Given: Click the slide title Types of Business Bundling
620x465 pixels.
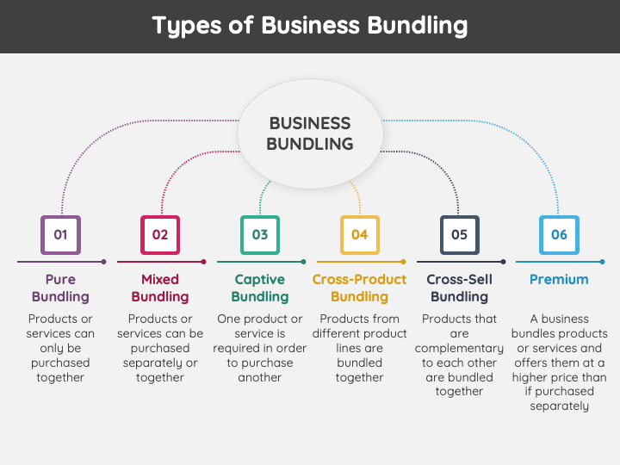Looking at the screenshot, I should point(310,26).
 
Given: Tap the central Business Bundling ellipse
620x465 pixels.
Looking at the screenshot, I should point(310,133).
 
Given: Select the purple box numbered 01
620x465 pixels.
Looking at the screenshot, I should point(60,234).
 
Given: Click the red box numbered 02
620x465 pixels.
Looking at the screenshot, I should point(160,234).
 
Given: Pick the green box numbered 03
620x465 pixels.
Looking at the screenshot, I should point(260,234).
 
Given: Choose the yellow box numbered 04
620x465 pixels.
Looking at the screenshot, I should point(359,234).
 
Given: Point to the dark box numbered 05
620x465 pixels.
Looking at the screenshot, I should point(459,234).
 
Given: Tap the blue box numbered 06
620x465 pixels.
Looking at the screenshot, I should point(559,234).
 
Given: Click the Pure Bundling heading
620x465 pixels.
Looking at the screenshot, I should point(60,288).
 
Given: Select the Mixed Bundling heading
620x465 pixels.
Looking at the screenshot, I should point(160,288).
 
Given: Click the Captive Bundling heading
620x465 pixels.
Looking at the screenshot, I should point(260,288).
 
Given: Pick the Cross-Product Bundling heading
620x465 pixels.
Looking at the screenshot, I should point(359,288).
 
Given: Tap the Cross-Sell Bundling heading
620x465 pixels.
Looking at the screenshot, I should point(459,288).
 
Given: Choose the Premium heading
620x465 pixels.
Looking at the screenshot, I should point(559,279).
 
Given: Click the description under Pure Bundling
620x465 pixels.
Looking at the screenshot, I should point(60,348).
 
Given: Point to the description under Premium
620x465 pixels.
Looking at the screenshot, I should point(559,363).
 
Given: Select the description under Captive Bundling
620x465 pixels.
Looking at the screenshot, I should point(260,348).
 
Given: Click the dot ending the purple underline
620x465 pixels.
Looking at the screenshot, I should point(103,261).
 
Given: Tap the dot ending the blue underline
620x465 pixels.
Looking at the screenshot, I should point(602,261).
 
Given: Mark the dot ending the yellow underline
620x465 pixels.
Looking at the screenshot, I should point(403,261).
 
